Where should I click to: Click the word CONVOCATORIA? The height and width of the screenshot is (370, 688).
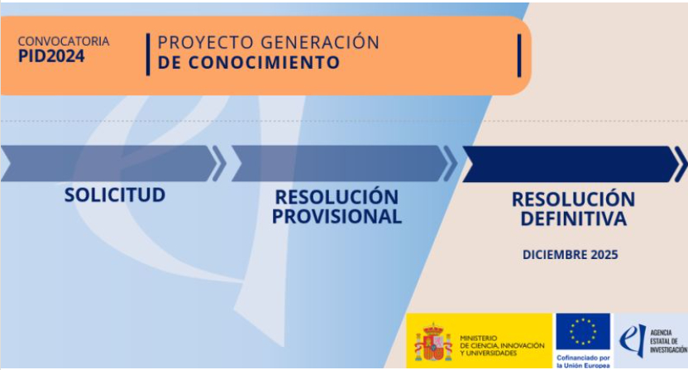(64, 41)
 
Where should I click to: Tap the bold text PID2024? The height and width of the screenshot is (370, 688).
(51, 56)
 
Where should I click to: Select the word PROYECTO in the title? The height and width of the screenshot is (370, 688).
(206, 42)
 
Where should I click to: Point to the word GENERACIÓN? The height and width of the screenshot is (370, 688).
(320, 41)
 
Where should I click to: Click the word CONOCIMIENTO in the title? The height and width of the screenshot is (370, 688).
(264, 62)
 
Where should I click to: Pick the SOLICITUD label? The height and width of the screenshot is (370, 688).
(115, 195)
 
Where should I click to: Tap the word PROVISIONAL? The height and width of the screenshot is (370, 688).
(337, 217)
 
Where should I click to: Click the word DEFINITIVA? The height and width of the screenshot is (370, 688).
(573, 219)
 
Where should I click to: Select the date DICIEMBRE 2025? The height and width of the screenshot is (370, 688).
(570, 255)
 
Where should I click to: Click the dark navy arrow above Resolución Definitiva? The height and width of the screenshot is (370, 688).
(571, 165)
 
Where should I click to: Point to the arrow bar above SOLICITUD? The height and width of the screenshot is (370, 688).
(110, 163)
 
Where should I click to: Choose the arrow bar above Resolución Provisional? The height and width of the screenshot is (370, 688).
(340, 163)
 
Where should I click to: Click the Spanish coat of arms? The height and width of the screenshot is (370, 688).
(433, 341)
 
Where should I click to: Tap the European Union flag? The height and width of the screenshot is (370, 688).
(583, 331)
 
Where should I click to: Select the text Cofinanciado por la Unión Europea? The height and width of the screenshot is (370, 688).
(583, 362)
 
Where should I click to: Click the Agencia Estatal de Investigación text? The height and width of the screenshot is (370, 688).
(668, 341)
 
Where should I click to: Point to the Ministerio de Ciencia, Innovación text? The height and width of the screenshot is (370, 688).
(502, 345)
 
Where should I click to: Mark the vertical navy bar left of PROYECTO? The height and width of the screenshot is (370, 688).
(148, 55)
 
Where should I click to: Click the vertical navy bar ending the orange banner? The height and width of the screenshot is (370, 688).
(519, 55)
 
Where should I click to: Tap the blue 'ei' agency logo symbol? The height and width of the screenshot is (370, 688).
(633, 340)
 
